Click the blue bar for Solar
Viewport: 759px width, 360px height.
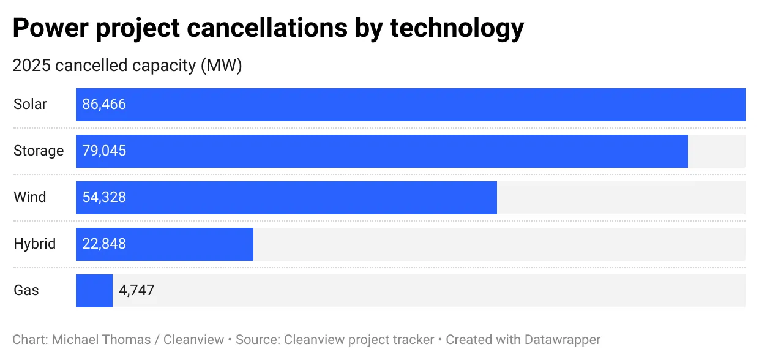(410, 105)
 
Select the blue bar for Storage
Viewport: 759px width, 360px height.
(381, 151)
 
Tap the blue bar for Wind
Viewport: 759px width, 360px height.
(286, 198)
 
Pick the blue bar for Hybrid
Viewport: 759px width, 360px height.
(164, 244)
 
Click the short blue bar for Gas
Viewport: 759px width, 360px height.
(94, 291)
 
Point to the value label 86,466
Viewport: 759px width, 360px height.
(104, 105)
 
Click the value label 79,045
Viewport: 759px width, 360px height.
(104, 151)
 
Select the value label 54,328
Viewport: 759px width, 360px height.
(104, 198)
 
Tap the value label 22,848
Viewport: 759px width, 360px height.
(104, 244)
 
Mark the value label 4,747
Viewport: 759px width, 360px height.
(136, 291)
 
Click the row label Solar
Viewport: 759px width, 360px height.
(30, 105)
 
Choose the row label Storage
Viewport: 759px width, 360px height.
(39, 151)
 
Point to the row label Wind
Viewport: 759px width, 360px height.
(30, 198)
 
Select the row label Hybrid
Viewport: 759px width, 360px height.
(34, 244)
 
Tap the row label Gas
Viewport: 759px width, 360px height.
(26, 291)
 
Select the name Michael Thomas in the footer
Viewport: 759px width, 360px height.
(102, 340)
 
